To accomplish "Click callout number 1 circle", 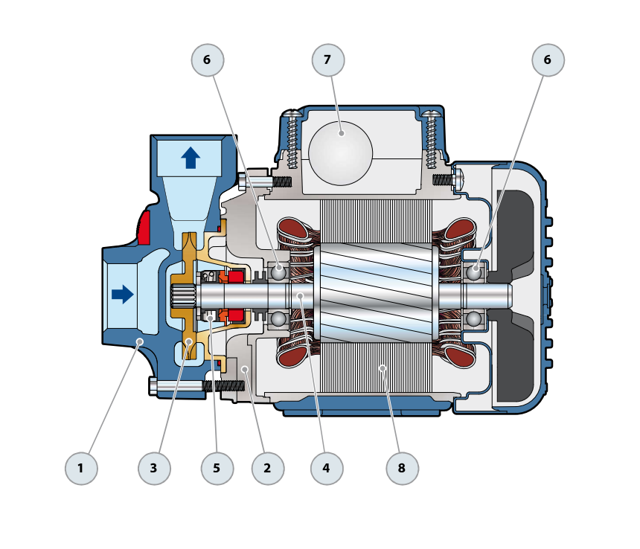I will (80, 469).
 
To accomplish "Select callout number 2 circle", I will (267, 469).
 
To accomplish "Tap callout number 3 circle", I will (154, 469).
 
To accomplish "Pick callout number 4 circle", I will (326, 469).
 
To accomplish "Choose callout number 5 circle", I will (217, 469).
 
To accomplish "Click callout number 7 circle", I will (328, 60).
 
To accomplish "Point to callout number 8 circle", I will (402, 469).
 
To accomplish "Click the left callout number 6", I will (207, 60).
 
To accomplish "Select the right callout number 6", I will (548, 60).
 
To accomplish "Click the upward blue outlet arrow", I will (191, 158).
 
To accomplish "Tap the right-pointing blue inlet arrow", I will (122, 295).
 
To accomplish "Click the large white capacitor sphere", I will (340, 154).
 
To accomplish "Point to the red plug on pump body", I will (144, 228).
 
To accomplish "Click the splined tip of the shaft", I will (182, 296).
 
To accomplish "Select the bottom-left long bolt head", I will (153, 386).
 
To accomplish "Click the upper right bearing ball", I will (473, 272).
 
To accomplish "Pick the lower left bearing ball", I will (278, 319).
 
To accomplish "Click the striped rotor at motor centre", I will (376, 295).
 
